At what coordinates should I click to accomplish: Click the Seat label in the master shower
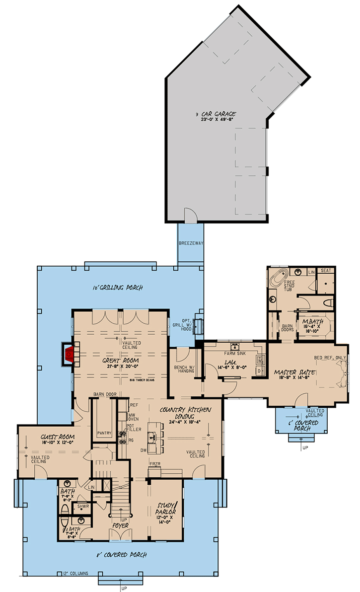tap(326, 271)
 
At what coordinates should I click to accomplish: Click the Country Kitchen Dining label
tap(186, 413)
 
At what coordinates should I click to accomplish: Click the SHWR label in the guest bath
tap(83, 507)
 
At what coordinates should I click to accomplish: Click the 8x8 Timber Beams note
tap(141, 379)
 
